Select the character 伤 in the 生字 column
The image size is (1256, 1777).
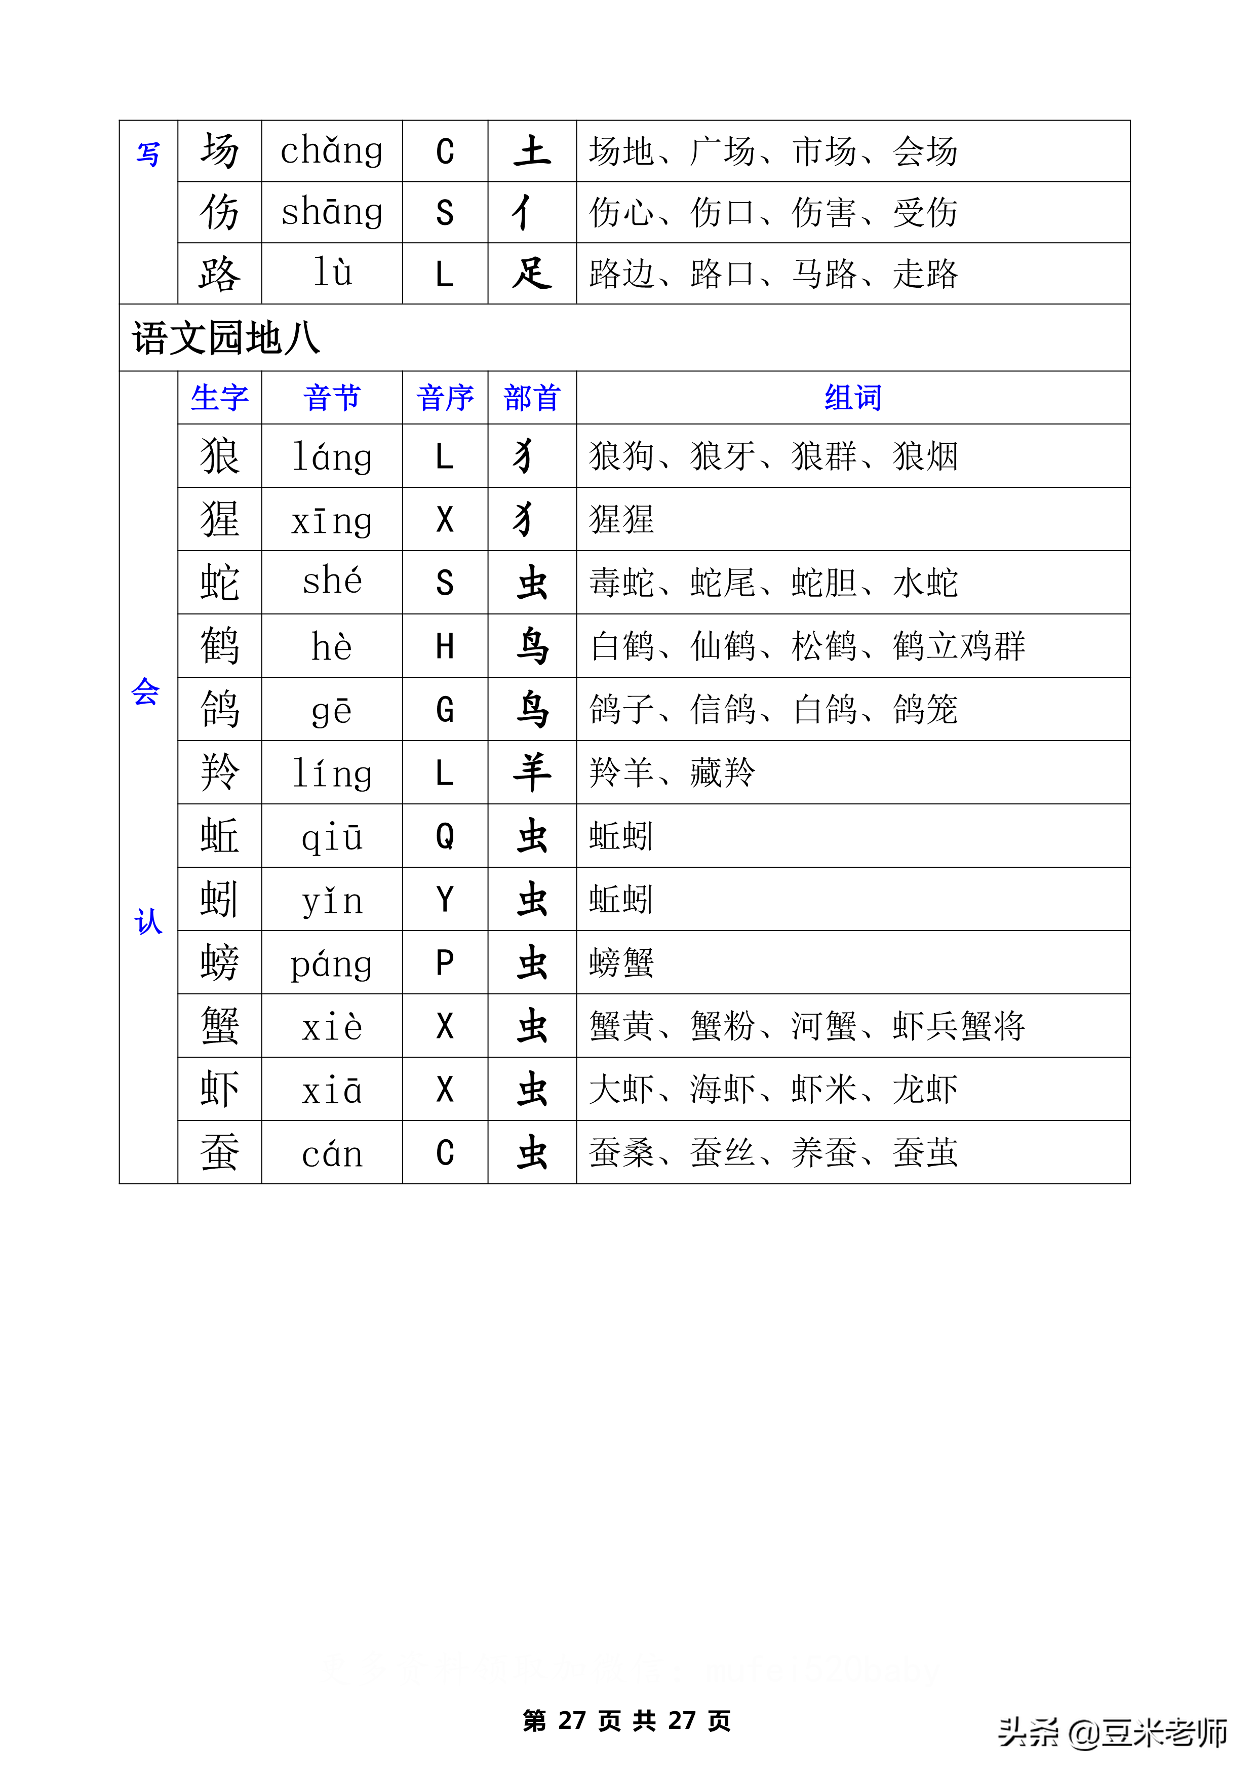pos(220,212)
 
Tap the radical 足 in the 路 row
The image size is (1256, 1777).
pos(532,273)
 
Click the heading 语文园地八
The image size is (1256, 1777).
pos(226,338)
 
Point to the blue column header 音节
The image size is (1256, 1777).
pos(332,398)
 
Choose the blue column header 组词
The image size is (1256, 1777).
pos(853,398)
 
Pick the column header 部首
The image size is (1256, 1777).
pos(532,398)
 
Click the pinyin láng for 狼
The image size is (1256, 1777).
pos(332,456)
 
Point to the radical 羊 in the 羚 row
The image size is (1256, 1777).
pos(532,772)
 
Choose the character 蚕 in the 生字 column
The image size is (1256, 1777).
pos(220,1152)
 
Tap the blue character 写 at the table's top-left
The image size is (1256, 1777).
pos(148,154)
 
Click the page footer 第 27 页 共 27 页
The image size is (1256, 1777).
pos(627,1720)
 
